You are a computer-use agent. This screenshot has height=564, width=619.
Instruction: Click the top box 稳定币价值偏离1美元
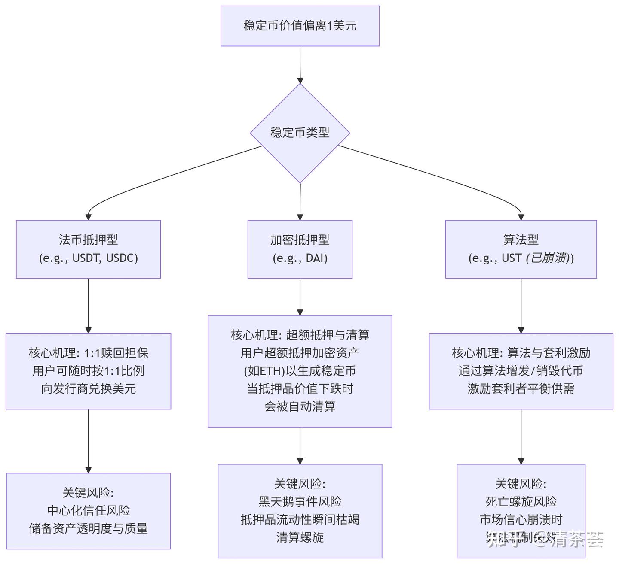pos(300,26)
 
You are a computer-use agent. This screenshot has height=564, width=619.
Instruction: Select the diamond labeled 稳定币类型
pos(300,133)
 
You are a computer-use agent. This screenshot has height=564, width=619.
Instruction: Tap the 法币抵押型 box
pos(88,249)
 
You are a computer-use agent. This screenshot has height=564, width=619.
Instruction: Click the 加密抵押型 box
pos(300,249)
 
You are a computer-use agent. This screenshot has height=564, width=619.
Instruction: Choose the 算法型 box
pos(521,249)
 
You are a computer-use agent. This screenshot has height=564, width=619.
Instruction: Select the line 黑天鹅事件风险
pos(300,502)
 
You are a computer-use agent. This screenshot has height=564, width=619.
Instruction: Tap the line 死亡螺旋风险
pos(521,502)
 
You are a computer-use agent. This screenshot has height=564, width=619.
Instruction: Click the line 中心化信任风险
pos(88,511)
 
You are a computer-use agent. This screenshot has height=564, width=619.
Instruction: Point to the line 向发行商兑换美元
pos(88,389)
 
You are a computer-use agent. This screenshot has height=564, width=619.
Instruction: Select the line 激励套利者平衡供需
pos(521,389)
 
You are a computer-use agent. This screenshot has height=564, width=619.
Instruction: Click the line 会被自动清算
pos(300,406)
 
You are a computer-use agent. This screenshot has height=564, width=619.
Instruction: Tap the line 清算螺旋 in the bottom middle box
pos(300,537)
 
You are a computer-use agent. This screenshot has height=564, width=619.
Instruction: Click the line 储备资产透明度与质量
pos(88,528)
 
